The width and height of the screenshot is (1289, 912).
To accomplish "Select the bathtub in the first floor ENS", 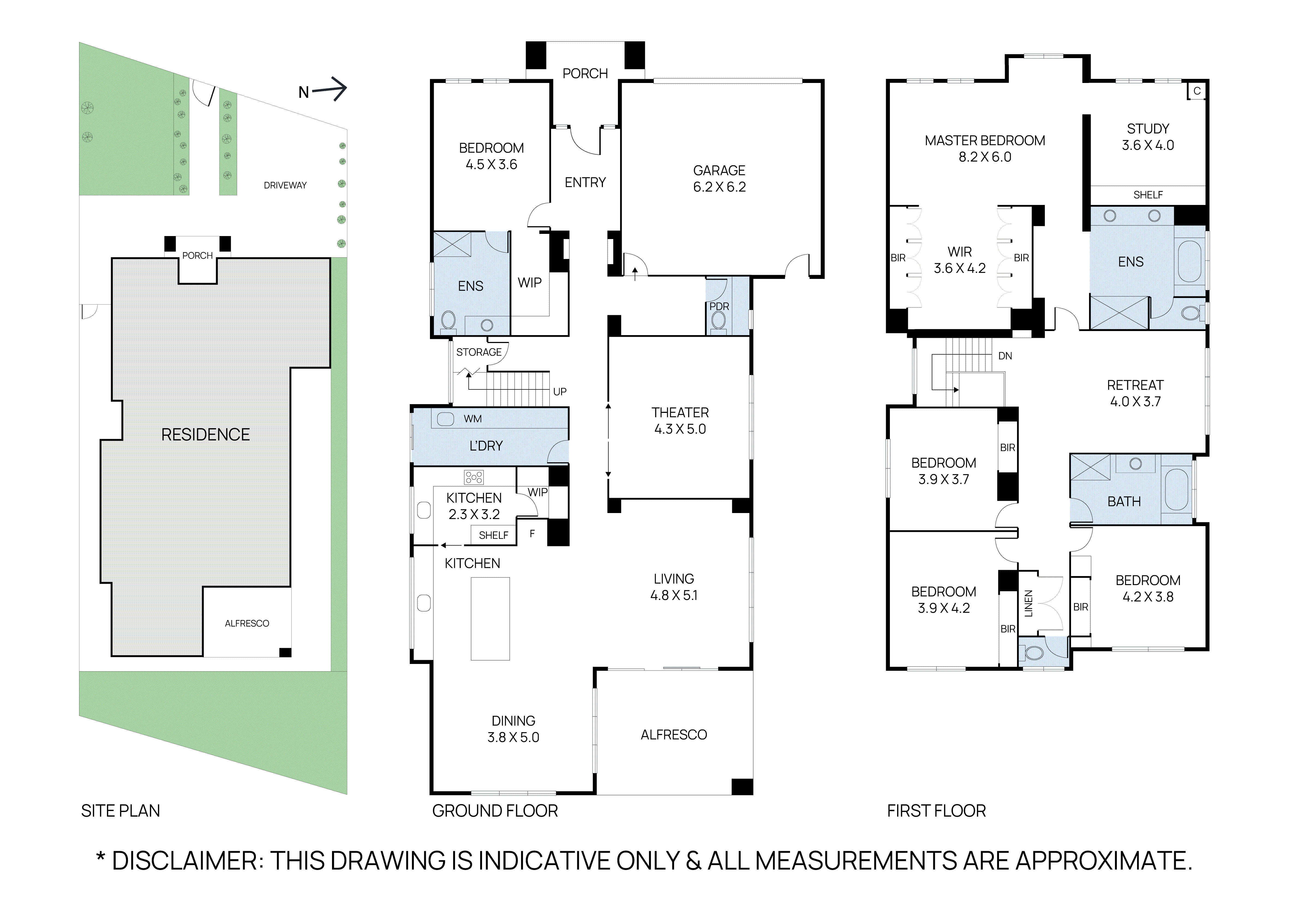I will coord(1189,261).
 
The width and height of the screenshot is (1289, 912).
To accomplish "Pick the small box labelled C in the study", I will coord(1196,91).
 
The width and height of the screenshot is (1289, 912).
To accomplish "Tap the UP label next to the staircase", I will coord(560,391).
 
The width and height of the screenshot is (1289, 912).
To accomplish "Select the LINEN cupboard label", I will coord(1028,604).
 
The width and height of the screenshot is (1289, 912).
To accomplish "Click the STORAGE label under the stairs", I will coord(479,352).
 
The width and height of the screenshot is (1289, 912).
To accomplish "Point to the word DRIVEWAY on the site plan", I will coord(285,185).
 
